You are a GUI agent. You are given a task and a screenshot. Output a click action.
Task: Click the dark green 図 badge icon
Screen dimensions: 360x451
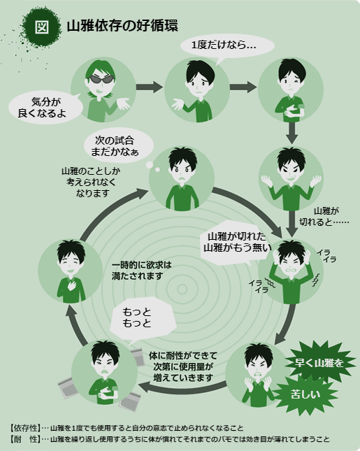click(x=42, y=27)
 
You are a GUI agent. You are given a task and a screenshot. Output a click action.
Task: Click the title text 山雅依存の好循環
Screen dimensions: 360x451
click(x=122, y=26)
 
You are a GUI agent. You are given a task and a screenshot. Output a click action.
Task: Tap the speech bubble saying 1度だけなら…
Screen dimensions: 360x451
click(x=227, y=47)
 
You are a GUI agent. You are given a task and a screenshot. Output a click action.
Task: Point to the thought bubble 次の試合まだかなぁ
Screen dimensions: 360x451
click(x=118, y=146)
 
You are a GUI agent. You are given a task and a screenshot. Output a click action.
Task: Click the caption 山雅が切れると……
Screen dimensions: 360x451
click(x=324, y=216)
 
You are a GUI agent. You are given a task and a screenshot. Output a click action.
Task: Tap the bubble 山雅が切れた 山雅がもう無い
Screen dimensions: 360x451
click(x=237, y=243)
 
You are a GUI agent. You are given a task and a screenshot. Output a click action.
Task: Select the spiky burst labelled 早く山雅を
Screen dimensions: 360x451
click(x=319, y=363)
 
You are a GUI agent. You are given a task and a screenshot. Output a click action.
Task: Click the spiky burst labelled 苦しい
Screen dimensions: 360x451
click(x=305, y=394)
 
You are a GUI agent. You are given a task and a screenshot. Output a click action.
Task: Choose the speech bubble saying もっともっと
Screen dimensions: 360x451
click(x=143, y=319)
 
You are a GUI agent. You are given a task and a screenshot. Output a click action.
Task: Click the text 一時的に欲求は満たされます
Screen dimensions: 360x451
click(x=142, y=270)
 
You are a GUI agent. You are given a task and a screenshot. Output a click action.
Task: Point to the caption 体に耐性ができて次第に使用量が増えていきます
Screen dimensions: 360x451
click(x=183, y=366)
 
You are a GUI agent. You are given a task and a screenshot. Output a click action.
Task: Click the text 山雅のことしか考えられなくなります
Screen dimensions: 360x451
click(x=91, y=182)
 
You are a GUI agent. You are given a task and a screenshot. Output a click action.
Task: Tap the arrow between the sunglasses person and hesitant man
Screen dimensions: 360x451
click(x=150, y=87)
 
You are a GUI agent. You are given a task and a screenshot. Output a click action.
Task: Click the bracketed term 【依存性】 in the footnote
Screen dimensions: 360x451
click(x=25, y=428)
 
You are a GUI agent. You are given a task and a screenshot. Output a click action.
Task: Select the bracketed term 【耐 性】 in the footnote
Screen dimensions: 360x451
click(x=25, y=439)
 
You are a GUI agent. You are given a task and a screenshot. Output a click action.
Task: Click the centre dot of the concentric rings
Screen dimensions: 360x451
click(x=182, y=289)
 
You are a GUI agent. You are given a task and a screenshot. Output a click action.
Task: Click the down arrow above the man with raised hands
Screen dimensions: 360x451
click(x=291, y=133)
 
